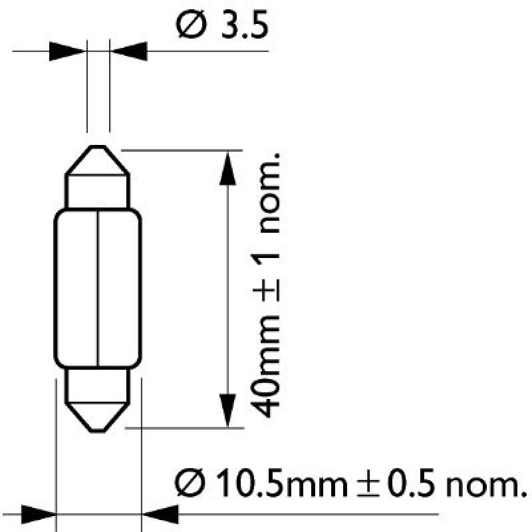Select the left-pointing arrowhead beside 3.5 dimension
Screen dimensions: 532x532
[130, 50]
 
